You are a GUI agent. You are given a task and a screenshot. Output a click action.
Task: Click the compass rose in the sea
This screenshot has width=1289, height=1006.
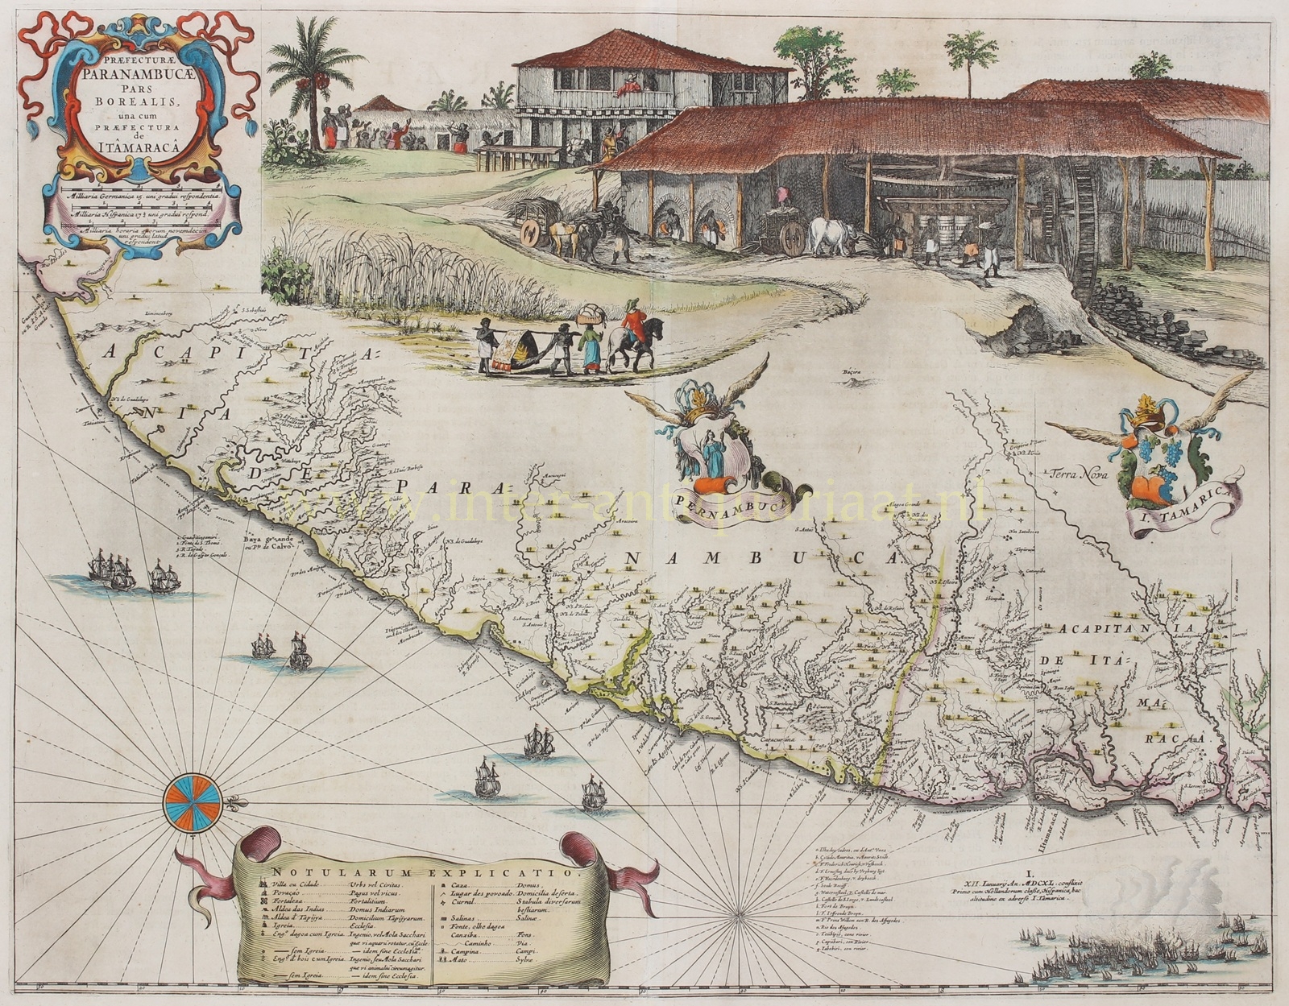click(x=192, y=802)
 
